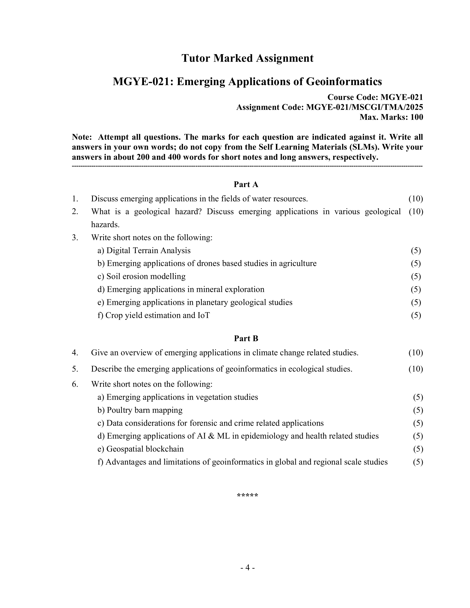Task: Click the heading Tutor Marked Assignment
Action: (247, 58)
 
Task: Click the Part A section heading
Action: (246, 184)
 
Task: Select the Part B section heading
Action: (246, 338)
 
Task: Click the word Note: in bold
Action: (82, 137)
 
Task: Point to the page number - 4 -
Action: (247, 568)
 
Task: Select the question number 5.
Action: (75, 369)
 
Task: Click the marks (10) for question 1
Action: (416, 199)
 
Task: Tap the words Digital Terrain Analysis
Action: (148, 251)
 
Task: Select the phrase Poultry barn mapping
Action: (145, 410)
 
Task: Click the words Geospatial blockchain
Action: (145, 449)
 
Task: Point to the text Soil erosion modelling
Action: (146, 276)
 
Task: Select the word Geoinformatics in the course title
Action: (344, 82)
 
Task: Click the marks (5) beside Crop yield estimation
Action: (416, 315)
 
